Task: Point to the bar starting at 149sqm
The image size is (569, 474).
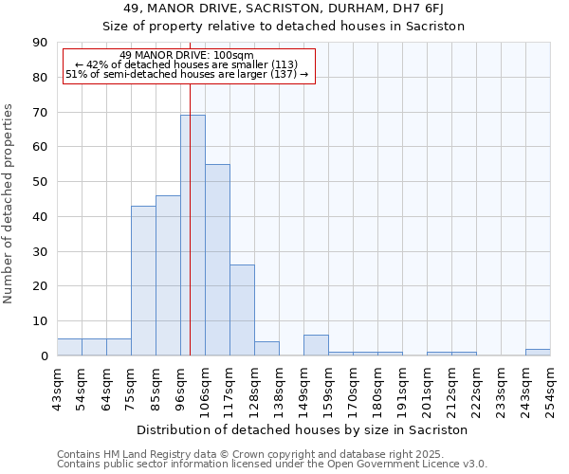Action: coord(316,345)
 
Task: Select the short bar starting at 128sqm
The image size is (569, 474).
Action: coord(266,349)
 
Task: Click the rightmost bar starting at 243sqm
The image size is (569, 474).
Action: coord(538,353)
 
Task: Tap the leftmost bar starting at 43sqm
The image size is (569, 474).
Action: coord(69,347)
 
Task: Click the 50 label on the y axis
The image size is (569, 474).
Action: coord(40,182)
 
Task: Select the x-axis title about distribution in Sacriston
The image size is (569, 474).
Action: coord(303,429)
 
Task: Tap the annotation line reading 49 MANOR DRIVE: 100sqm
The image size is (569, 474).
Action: coord(188,55)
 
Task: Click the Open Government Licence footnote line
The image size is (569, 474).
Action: coord(272,465)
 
